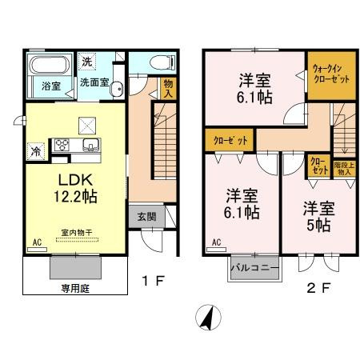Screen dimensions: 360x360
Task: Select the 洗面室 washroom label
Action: (94, 82)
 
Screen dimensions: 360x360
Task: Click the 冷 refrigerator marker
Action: (36, 149)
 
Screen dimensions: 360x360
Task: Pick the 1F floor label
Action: (152, 281)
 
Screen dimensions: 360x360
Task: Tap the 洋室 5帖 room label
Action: (317, 218)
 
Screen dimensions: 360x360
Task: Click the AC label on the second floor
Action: (217, 240)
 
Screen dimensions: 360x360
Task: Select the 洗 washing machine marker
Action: (89, 62)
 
